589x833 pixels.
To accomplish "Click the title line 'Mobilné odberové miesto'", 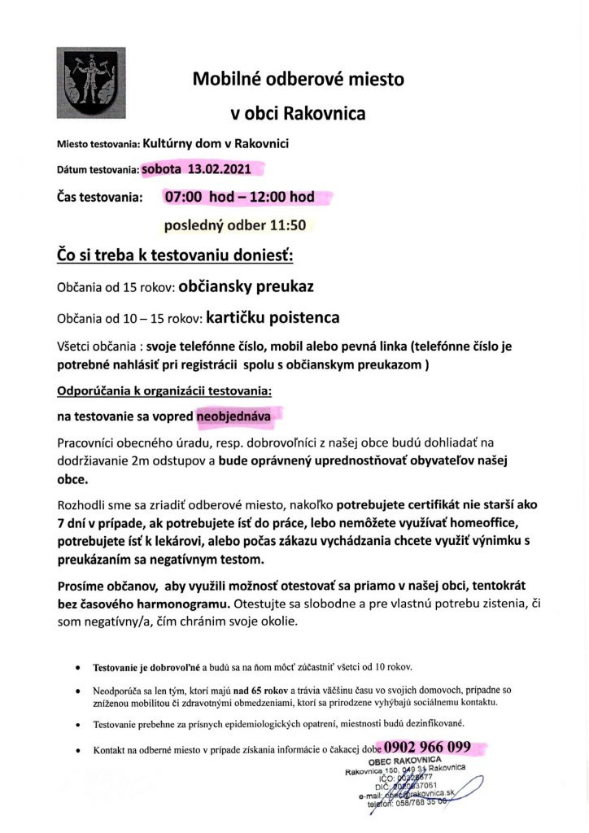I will (298, 80).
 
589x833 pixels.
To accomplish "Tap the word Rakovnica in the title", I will (325, 113).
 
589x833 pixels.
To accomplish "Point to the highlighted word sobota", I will (163, 170).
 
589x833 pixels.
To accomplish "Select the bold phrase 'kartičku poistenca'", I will (273, 317).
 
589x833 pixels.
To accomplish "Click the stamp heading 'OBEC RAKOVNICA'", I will (405, 760).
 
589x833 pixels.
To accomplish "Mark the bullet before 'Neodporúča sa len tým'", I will (76, 690).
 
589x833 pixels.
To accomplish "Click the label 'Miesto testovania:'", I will (98, 146).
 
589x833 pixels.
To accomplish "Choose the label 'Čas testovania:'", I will (99, 197).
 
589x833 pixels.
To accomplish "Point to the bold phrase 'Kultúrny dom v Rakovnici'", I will (216, 144).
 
